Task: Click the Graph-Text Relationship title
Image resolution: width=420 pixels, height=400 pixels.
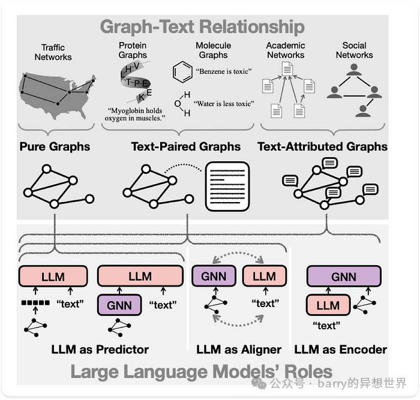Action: [x=202, y=27]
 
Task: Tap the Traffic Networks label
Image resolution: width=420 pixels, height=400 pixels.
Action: [x=53, y=52]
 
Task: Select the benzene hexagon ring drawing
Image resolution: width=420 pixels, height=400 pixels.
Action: [x=182, y=72]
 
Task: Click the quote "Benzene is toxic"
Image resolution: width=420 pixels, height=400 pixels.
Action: [x=224, y=71]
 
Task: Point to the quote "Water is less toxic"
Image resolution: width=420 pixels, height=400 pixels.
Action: [x=224, y=104]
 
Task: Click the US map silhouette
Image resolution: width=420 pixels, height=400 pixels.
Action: [x=57, y=95]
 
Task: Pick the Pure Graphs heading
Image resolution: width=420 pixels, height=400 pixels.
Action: [x=55, y=147]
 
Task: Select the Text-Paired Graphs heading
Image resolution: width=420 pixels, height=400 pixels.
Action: [x=185, y=147]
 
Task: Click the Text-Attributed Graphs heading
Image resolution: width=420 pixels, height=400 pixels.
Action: [x=323, y=147]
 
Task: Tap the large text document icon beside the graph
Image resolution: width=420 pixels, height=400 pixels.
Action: [x=227, y=187]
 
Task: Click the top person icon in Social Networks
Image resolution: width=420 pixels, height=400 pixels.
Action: [x=354, y=70]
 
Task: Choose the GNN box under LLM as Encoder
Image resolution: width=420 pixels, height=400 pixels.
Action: [x=344, y=276]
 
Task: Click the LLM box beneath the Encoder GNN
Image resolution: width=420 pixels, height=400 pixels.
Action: [x=328, y=305]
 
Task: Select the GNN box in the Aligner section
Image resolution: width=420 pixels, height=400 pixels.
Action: [x=214, y=276]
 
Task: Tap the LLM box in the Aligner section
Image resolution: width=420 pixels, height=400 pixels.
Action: [x=265, y=276]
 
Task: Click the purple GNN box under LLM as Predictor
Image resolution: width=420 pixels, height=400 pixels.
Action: [x=119, y=305]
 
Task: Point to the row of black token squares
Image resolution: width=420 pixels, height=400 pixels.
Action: [x=35, y=303]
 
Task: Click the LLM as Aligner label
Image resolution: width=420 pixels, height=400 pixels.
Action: [x=239, y=350]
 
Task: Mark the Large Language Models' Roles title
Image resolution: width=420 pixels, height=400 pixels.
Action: [x=202, y=372]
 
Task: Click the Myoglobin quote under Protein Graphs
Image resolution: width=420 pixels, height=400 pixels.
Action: [x=135, y=115]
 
